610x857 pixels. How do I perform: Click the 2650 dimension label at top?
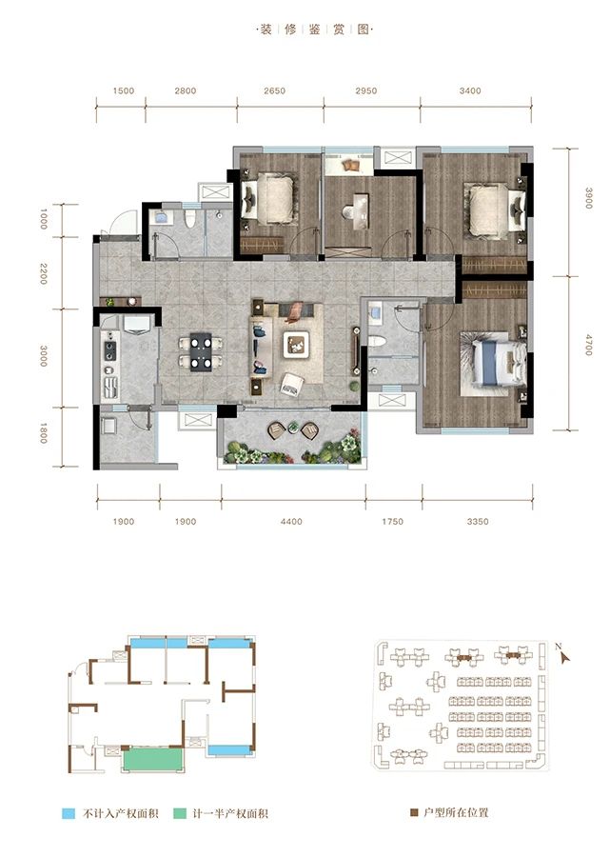[275, 91]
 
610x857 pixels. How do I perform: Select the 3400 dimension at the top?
[469, 91]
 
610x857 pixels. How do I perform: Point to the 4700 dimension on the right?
[589, 342]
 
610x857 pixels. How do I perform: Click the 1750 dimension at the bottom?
[392, 521]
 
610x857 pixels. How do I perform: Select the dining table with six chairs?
[202, 350]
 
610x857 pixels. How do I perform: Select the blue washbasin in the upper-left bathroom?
[161, 218]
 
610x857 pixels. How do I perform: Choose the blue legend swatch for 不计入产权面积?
[69, 814]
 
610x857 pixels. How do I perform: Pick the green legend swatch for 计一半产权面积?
[181, 814]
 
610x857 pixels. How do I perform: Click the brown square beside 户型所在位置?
[414, 814]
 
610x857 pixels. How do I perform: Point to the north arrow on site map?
[563, 654]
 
